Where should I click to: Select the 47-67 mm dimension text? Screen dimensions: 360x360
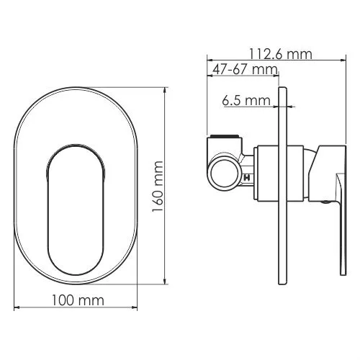[243, 69]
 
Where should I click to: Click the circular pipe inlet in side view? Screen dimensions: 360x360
[222, 174]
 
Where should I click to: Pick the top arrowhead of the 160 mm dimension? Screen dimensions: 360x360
[167, 90]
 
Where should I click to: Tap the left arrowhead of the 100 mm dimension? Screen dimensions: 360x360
[16, 309]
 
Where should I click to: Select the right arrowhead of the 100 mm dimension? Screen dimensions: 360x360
[136, 309]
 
